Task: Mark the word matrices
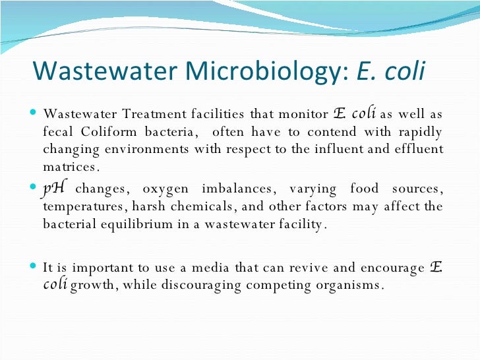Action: coord(69,166)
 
